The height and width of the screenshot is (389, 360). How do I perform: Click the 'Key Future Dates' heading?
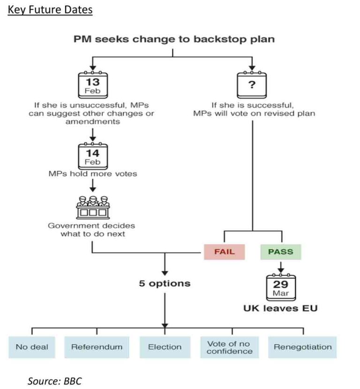[x=50, y=9]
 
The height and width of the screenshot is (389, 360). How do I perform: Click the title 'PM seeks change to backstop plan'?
[x=173, y=39]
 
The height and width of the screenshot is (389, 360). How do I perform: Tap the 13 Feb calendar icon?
[x=92, y=84]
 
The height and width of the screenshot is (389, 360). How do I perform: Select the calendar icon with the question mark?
[x=252, y=84]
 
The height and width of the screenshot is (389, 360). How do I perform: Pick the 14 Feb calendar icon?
[x=92, y=155]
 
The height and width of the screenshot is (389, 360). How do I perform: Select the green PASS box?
[x=280, y=252]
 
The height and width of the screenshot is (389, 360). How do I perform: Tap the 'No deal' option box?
[x=32, y=347]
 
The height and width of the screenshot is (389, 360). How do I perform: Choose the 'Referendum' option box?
[x=97, y=347]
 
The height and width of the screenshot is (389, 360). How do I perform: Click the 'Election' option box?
[x=165, y=347]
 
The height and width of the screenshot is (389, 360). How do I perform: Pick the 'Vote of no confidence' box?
[x=229, y=347]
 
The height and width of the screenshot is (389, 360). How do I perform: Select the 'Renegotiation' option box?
[x=302, y=347]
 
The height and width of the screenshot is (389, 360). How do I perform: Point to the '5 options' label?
[x=165, y=283]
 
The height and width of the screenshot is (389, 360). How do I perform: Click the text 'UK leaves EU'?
[x=280, y=308]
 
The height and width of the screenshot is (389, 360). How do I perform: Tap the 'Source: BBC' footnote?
[x=51, y=381]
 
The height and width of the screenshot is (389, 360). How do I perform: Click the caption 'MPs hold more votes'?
[x=92, y=174]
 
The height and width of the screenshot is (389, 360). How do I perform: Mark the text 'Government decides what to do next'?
[x=92, y=229]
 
